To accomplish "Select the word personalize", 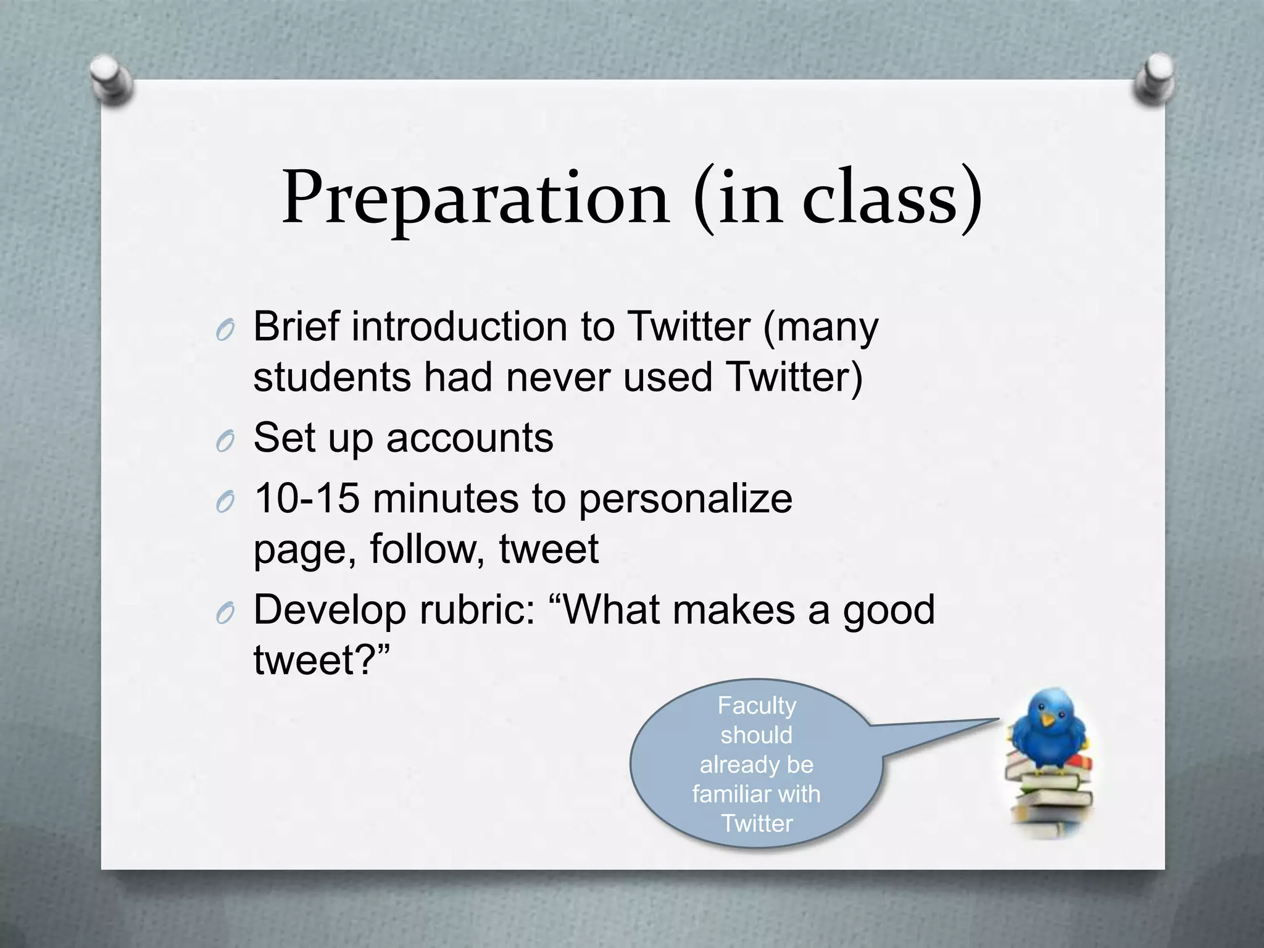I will click(x=685, y=500).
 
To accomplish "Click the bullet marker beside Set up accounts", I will click(x=225, y=442).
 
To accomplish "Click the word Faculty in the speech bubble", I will click(x=757, y=705).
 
